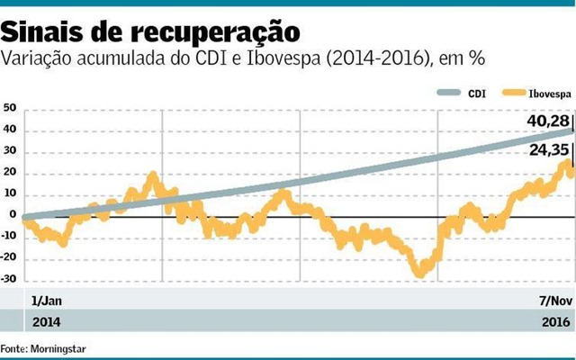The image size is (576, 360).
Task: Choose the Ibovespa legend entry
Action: [x=540, y=93]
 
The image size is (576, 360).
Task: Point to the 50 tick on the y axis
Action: [x=10, y=108]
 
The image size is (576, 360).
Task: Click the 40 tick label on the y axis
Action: [x=10, y=130]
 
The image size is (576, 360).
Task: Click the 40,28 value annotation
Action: [x=546, y=120]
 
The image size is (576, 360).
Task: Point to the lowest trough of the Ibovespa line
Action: [x=418, y=273]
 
